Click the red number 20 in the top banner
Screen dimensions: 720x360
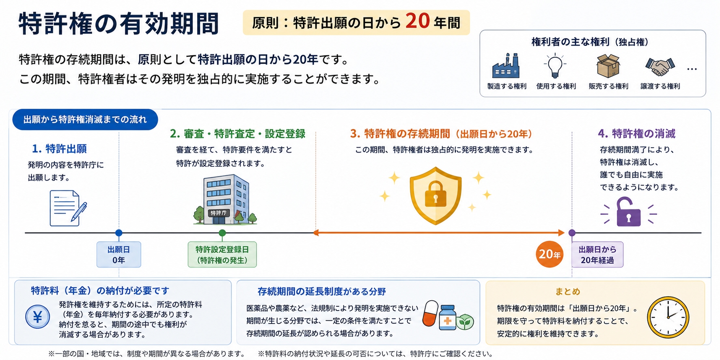(x=417, y=21)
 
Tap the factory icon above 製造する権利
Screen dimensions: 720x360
(x=506, y=65)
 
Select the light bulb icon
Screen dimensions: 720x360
(x=555, y=65)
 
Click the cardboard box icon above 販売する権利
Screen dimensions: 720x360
(x=608, y=66)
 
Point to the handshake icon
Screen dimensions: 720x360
(x=660, y=66)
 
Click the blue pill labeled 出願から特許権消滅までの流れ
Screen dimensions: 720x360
(x=85, y=119)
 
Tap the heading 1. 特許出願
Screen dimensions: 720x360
(x=59, y=149)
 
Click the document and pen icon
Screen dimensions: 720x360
(x=68, y=208)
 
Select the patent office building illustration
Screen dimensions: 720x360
(x=225, y=200)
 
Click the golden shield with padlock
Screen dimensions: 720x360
(x=435, y=196)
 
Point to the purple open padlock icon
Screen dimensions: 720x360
(x=628, y=211)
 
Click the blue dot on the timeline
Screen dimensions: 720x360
(x=119, y=233)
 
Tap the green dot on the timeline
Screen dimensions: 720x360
(x=222, y=233)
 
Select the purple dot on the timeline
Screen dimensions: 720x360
(x=572, y=233)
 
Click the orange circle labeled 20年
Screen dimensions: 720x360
(x=550, y=254)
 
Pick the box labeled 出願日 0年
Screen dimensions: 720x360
(x=119, y=254)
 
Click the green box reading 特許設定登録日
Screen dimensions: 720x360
(x=222, y=254)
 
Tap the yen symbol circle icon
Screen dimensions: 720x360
(x=38, y=317)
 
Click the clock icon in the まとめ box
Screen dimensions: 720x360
(x=668, y=317)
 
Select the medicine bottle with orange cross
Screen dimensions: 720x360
(x=448, y=317)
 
